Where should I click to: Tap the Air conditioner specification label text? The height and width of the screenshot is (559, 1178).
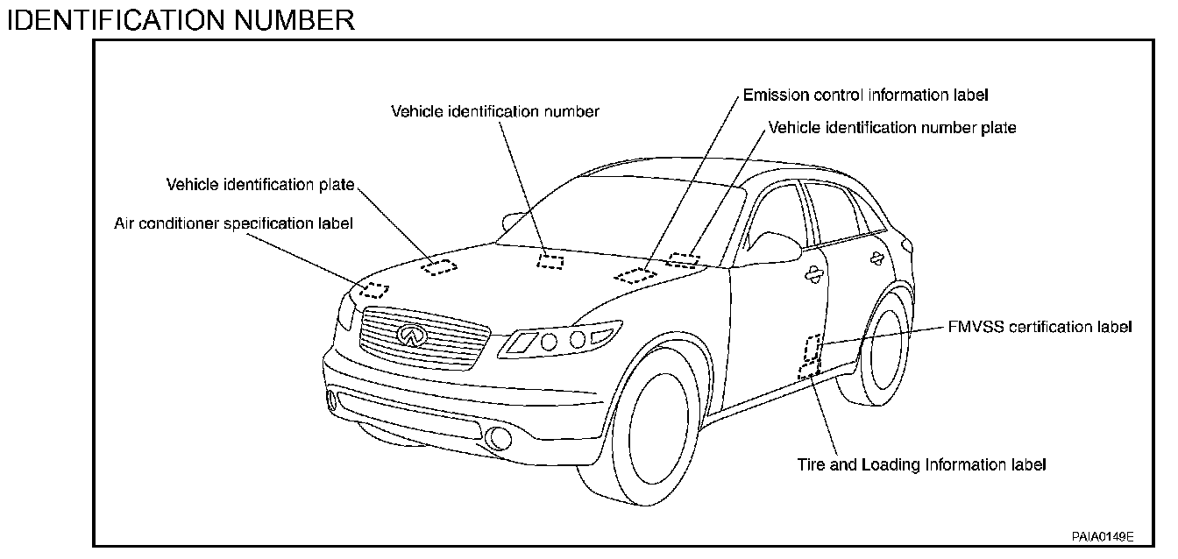tap(233, 223)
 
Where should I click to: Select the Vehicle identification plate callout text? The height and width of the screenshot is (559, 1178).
tap(260, 184)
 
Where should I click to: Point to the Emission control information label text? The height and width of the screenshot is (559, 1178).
tap(865, 94)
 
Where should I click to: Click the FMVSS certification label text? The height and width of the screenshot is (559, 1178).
tap(1040, 327)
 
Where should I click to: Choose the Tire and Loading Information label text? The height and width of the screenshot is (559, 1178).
tap(921, 464)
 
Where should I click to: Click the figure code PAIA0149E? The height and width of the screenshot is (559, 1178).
tap(1102, 535)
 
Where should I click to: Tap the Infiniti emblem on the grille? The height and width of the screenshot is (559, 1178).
tap(409, 335)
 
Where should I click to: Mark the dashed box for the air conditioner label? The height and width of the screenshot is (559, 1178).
tap(374, 290)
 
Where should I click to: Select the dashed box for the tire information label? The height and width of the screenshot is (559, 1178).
tap(808, 370)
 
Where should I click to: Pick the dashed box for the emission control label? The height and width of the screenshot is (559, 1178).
tap(635, 276)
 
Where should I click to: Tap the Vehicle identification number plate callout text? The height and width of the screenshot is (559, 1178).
tap(892, 128)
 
